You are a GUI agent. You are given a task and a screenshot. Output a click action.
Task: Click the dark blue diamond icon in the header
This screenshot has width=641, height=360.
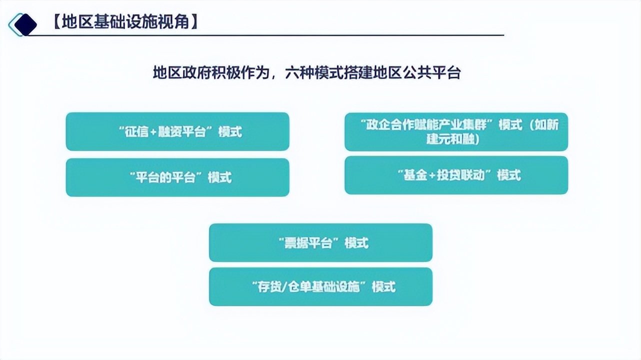click(25, 24)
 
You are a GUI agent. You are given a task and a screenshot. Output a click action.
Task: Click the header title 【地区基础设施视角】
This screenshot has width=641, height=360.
click(125, 21)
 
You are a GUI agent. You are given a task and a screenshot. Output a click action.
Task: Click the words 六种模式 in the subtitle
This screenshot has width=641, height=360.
click(314, 72)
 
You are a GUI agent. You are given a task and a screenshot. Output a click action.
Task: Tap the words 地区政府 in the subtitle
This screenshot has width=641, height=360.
click(182, 72)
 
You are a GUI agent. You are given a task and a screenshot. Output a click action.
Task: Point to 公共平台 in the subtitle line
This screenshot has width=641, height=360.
click(431, 72)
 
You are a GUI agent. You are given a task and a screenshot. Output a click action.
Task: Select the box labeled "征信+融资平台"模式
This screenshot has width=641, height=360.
click(177, 131)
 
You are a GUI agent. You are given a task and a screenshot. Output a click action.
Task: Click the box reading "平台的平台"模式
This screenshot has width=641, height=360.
click(177, 177)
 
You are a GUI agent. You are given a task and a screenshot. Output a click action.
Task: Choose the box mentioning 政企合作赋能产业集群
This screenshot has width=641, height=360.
click(456, 132)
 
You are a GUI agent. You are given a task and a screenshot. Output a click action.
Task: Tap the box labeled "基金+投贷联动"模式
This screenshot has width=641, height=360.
click(456, 175)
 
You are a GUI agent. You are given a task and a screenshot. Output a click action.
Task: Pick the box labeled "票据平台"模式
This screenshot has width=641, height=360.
click(320, 242)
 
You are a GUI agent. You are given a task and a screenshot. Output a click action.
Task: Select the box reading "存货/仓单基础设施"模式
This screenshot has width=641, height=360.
click(320, 286)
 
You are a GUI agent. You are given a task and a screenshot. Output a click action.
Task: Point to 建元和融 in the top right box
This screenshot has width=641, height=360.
click(450, 139)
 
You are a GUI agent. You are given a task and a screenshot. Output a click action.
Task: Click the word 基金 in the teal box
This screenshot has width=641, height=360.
click(415, 175)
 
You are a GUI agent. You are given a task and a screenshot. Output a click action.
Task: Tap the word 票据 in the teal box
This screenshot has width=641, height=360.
click(295, 243)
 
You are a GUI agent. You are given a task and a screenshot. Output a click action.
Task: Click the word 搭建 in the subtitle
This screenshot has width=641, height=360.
click(358, 72)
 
